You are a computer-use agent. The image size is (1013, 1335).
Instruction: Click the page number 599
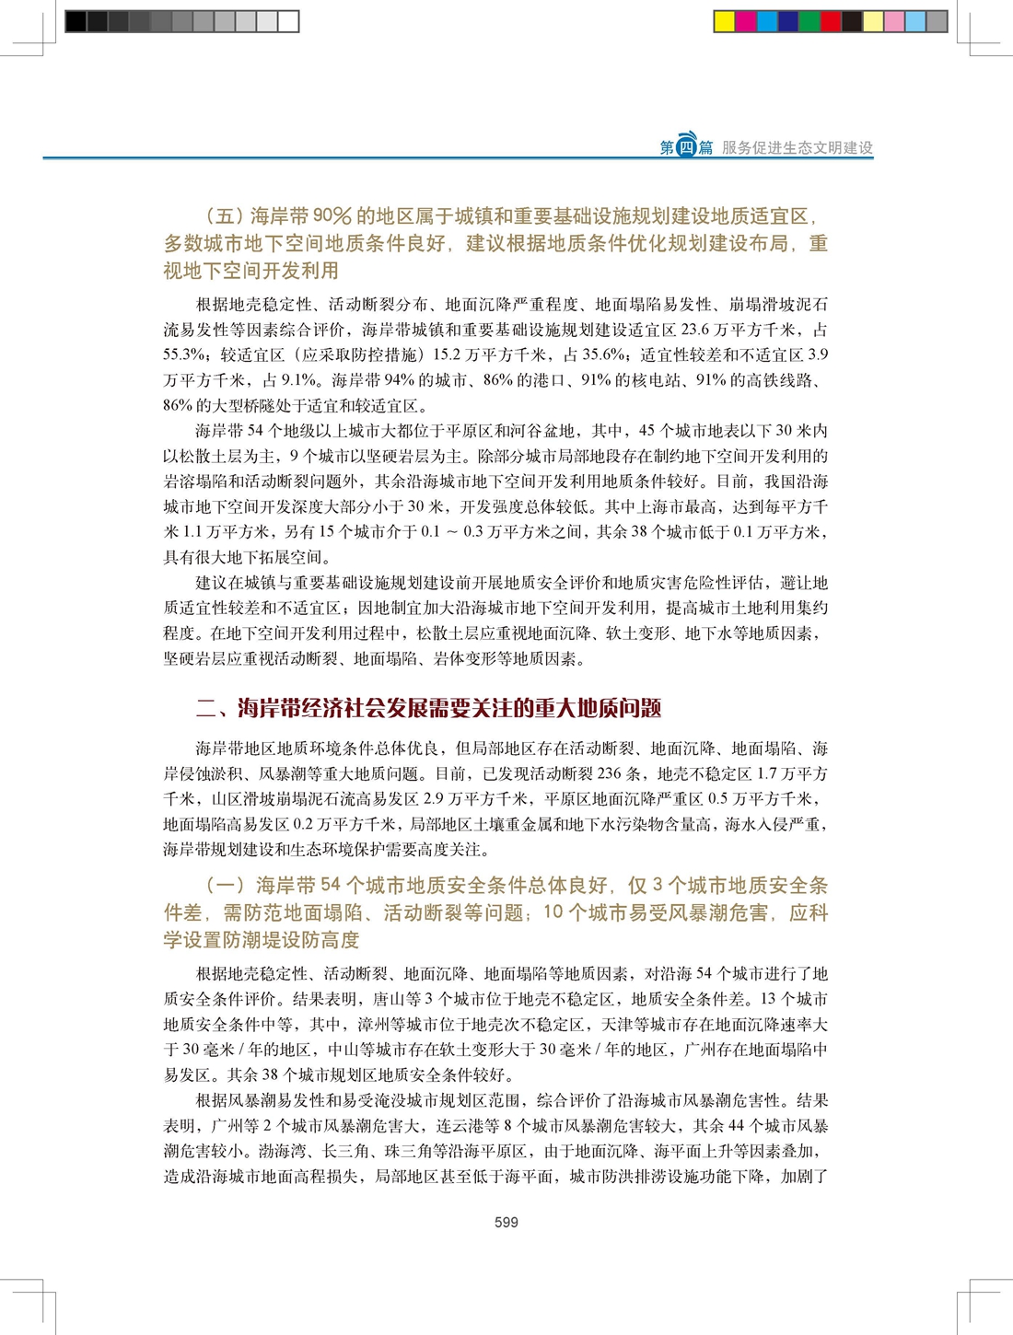click(x=506, y=1223)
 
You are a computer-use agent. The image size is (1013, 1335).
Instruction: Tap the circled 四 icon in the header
click(x=686, y=147)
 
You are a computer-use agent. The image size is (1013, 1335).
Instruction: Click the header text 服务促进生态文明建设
click(x=798, y=147)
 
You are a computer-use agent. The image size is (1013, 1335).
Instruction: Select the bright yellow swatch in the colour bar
click(x=725, y=21)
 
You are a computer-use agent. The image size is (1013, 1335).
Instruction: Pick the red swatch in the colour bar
click(x=831, y=21)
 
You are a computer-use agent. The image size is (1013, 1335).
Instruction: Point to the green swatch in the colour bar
click(x=809, y=21)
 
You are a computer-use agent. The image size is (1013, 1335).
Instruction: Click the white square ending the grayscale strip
click(x=288, y=21)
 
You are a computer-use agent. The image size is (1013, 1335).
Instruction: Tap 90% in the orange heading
click(x=332, y=216)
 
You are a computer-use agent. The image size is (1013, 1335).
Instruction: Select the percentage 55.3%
click(x=183, y=354)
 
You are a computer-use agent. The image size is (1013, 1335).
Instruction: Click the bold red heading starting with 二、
click(x=428, y=708)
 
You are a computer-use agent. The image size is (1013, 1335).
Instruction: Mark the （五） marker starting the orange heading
click(x=224, y=216)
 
